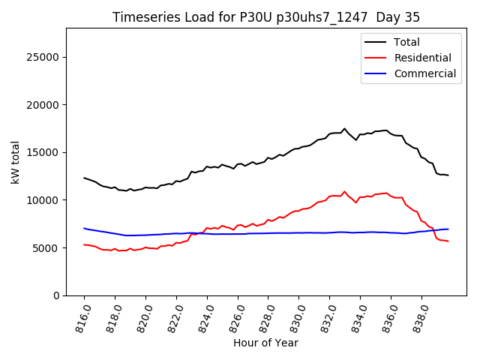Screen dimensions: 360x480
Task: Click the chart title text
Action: tap(266, 17)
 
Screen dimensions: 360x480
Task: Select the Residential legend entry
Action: tap(422, 58)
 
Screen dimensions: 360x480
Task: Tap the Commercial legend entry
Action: tap(424, 73)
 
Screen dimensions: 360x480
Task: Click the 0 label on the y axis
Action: tap(55, 295)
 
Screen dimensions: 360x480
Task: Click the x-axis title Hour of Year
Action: tap(265, 343)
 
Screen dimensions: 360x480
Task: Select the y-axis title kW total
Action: tap(15, 162)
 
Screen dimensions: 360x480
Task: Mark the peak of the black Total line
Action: tap(344, 129)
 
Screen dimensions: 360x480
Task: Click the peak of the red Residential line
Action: tap(344, 191)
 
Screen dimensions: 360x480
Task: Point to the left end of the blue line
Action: tap(84, 228)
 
